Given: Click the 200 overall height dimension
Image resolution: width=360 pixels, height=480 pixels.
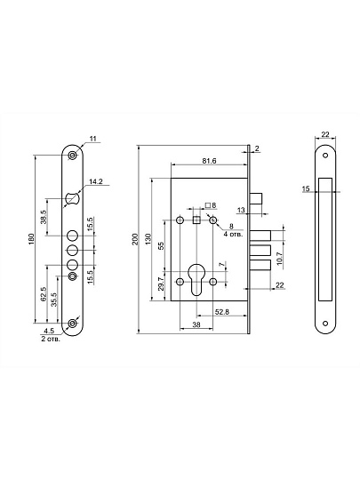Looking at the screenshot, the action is pos(135,239).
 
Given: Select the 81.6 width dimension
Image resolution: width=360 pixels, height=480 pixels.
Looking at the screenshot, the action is pos(210,160).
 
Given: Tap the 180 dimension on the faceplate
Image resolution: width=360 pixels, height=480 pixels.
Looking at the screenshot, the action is pos(31,239).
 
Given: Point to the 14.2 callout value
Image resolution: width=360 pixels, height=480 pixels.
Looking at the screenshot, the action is pos(96,181).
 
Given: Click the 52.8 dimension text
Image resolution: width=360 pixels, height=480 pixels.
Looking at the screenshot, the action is pos(222,312).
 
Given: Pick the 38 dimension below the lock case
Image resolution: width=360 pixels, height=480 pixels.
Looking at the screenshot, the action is pos(196,324).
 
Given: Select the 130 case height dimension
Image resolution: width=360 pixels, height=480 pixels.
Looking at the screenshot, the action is pos(148,239).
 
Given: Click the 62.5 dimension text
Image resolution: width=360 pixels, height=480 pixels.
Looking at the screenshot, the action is pos(44,294).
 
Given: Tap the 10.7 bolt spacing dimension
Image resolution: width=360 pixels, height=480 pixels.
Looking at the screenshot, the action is pos(278,259).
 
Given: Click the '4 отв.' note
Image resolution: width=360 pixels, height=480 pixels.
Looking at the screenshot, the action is pos(233,235).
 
